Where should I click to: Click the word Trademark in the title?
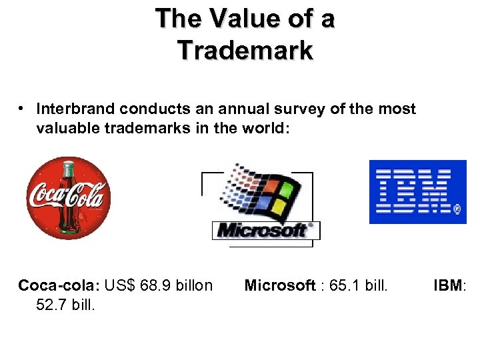tap(245, 50)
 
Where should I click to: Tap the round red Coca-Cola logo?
tap(68, 197)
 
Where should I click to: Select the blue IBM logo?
tap(418, 192)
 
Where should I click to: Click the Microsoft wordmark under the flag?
tap(265, 231)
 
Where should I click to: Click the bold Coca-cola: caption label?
tap(59, 286)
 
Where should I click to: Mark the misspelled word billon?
tap(193, 286)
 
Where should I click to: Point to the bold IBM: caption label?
tap(451, 286)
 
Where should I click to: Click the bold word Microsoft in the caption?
tap(280, 286)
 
